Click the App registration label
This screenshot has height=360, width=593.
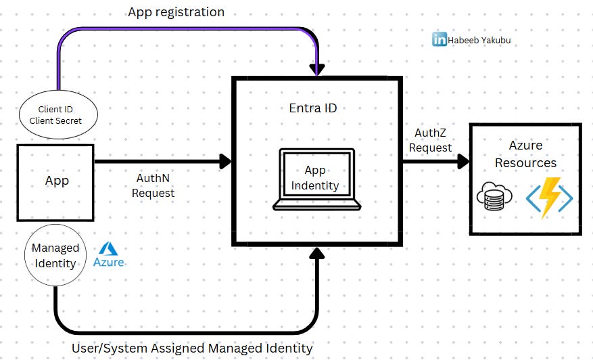(x=176, y=12)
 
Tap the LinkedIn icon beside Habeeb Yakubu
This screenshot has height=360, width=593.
(x=440, y=39)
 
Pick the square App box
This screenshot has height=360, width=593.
(x=56, y=181)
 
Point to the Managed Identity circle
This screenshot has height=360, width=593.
(x=55, y=255)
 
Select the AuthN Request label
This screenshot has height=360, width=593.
(x=153, y=186)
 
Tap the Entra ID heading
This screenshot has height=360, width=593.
(x=312, y=108)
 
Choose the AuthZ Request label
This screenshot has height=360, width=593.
(x=433, y=141)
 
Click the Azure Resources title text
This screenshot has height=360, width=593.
(x=525, y=154)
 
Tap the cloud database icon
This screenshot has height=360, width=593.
(x=494, y=198)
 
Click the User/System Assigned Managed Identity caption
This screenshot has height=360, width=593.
(x=192, y=348)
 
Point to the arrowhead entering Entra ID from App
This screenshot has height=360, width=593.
(x=224, y=161)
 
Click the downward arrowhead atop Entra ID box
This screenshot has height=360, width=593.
(x=316, y=68)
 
